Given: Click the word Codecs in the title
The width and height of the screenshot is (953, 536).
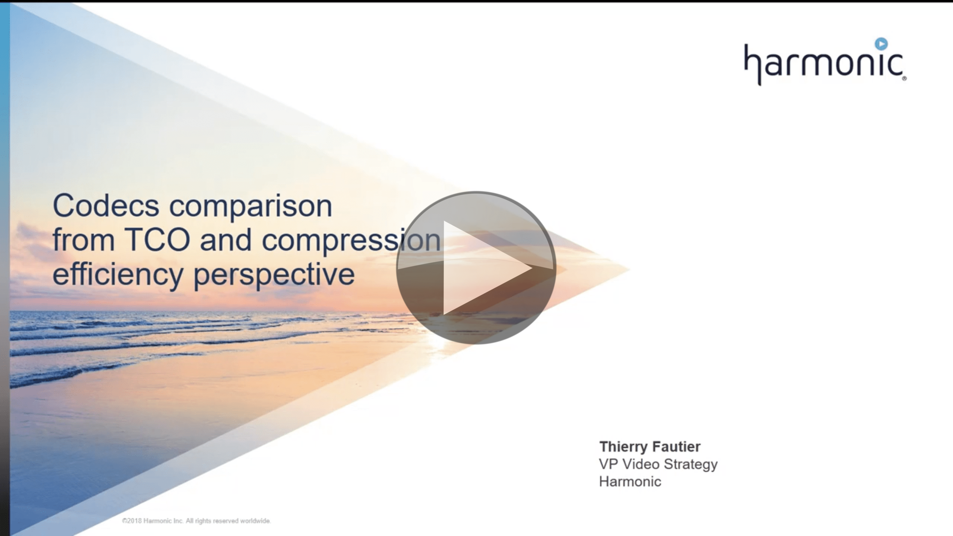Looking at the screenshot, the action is click(x=106, y=205).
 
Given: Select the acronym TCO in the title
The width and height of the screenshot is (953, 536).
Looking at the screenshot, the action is click(x=157, y=240).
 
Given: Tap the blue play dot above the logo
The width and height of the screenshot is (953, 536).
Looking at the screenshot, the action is click(x=881, y=44).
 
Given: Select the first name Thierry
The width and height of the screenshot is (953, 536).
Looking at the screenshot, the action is click(x=622, y=447).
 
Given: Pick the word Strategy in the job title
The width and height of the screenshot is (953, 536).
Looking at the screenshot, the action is click(x=691, y=465).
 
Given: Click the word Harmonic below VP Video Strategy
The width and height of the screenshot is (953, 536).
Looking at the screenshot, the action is click(x=630, y=481).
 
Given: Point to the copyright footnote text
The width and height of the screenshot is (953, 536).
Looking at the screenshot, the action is click(x=196, y=521).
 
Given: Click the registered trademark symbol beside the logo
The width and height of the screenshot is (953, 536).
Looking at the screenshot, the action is click(x=904, y=78).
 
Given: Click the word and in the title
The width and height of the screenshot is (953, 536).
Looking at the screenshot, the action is click(x=226, y=240).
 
